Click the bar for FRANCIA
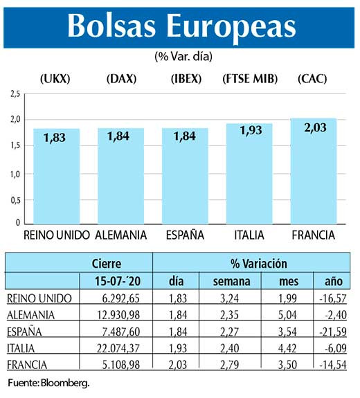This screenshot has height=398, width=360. [x=313, y=173]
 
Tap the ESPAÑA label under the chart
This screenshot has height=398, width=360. [x=185, y=235]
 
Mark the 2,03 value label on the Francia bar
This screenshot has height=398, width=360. [x=313, y=130]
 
